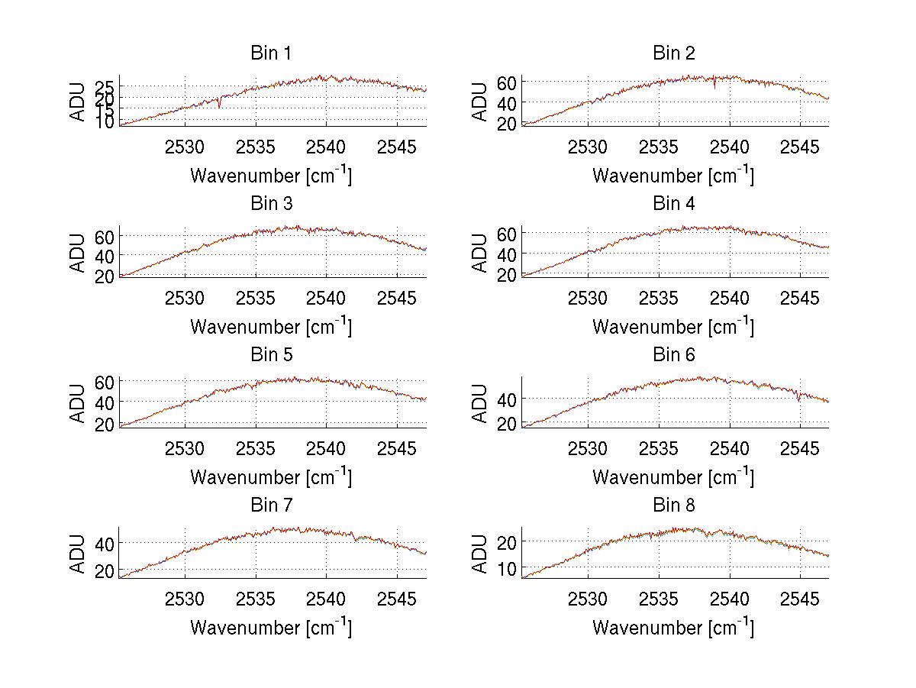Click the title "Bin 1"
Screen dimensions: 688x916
pyautogui.click(x=271, y=53)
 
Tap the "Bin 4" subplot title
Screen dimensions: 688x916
pyautogui.click(x=673, y=204)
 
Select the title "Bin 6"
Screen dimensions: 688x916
pyautogui.click(x=673, y=354)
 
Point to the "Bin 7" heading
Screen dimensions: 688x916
pyautogui.click(x=271, y=505)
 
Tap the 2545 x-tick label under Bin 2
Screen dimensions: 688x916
pyautogui.click(x=800, y=147)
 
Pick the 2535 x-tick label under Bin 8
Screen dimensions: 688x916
pyautogui.click(x=658, y=599)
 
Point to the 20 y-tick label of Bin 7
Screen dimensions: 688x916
pyautogui.click(x=105, y=570)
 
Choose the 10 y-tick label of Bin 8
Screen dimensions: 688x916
pyautogui.click(x=507, y=568)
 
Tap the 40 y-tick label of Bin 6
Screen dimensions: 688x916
pyautogui.click(x=507, y=399)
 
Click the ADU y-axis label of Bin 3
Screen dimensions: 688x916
pyautogui.click(x=78, y=253)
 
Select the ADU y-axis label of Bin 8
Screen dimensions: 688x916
pyautogui.click(x=480, y=554)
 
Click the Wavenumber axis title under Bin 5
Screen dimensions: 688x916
pyautogui.click(x=271, y=477)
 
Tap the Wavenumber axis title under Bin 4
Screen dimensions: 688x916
pyautogui.click(x=673, y=327)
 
